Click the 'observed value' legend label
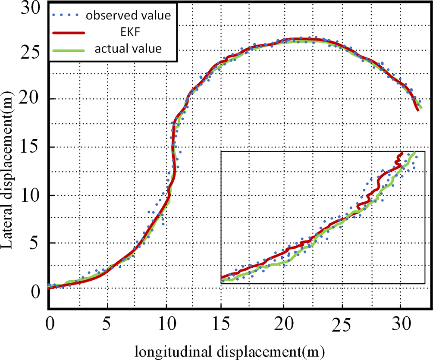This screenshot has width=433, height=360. point(129,16)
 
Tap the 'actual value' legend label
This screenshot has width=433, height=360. point(129,48)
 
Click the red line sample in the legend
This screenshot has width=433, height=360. point(68,32)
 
